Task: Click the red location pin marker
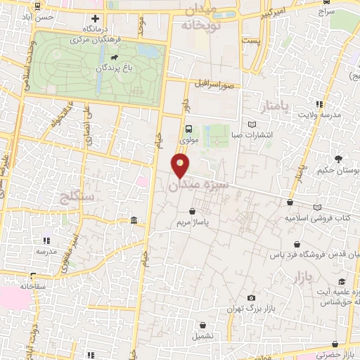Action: (x=181, y=166)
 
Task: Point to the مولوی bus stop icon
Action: (x=188, y=128)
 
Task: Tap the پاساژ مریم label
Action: (x=192, y=222)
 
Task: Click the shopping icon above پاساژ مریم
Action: (x=193, y=210)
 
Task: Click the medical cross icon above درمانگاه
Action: (x=96, y=18)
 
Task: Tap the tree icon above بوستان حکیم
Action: (x=338, y=159)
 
